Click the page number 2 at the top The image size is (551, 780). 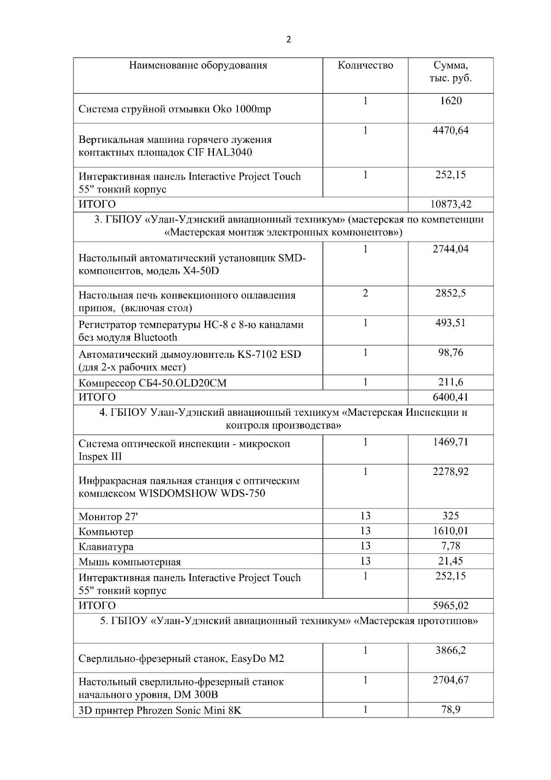(x=288, y=40)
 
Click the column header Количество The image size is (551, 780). (x=365, y=65)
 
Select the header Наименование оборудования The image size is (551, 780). (x=198, y=65)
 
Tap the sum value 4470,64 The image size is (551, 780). (x=450, y=130)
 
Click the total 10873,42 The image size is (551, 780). (x=450, y=204)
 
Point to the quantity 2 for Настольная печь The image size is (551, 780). (x=365, y=293)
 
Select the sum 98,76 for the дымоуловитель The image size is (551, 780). (x=450, y=353)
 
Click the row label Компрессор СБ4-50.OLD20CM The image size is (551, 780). (x=152, y=383)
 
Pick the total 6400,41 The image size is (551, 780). (x=450, y=397)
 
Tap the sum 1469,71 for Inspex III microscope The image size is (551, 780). (x=450, y=442)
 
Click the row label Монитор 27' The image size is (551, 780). (x=108, y=517)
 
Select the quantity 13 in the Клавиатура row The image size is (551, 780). (x=365, y=546)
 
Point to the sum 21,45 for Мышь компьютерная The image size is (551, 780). (x=450, y=561)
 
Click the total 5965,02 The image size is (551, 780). (x=450, y=605)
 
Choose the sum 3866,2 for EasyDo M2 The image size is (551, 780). (x=450, y=650)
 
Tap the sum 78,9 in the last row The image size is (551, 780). (x=450, y=710)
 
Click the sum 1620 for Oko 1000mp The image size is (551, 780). (x=450, y=101)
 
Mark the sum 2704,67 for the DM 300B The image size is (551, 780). (x=450, y=680)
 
